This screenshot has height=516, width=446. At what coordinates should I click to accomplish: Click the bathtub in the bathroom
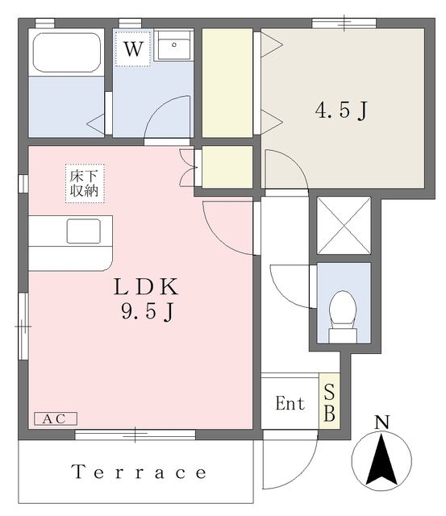click(x=67, y=52)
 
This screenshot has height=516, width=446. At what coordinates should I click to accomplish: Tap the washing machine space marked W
click(x=133, y=48)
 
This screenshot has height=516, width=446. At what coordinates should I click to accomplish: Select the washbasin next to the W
click(x=173, y=46)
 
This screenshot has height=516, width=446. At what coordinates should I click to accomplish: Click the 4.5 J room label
click(x=340, y=110)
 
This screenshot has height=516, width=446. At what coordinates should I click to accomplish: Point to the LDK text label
click(x=146, y=287)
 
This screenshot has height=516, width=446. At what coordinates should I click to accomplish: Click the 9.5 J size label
click(x=147, y=311)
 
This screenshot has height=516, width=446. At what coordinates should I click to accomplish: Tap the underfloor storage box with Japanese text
click(x=85, y=183)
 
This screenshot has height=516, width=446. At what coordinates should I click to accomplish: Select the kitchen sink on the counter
click(x=84, y=231)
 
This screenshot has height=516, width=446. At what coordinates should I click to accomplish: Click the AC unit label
click(x=56, y=418)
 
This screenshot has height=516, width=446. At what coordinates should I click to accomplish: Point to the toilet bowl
click(x=343, y=316)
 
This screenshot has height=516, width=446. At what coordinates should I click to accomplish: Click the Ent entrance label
click(x=290, y=403)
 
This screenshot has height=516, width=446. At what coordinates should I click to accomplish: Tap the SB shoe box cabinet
click(x=329, y=402)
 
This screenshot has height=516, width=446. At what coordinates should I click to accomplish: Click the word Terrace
click(x=139, y=472)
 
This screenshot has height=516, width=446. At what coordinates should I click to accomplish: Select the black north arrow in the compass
click(x=381, y=460)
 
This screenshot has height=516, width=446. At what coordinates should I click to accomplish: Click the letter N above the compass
click(x=381, y=422)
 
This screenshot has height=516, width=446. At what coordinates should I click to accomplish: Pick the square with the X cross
click(x=344, y=226)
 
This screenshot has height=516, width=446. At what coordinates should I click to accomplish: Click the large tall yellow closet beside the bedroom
click(x=227, y=82)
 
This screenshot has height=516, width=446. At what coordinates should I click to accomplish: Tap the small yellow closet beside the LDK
click(x=227, y=167)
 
